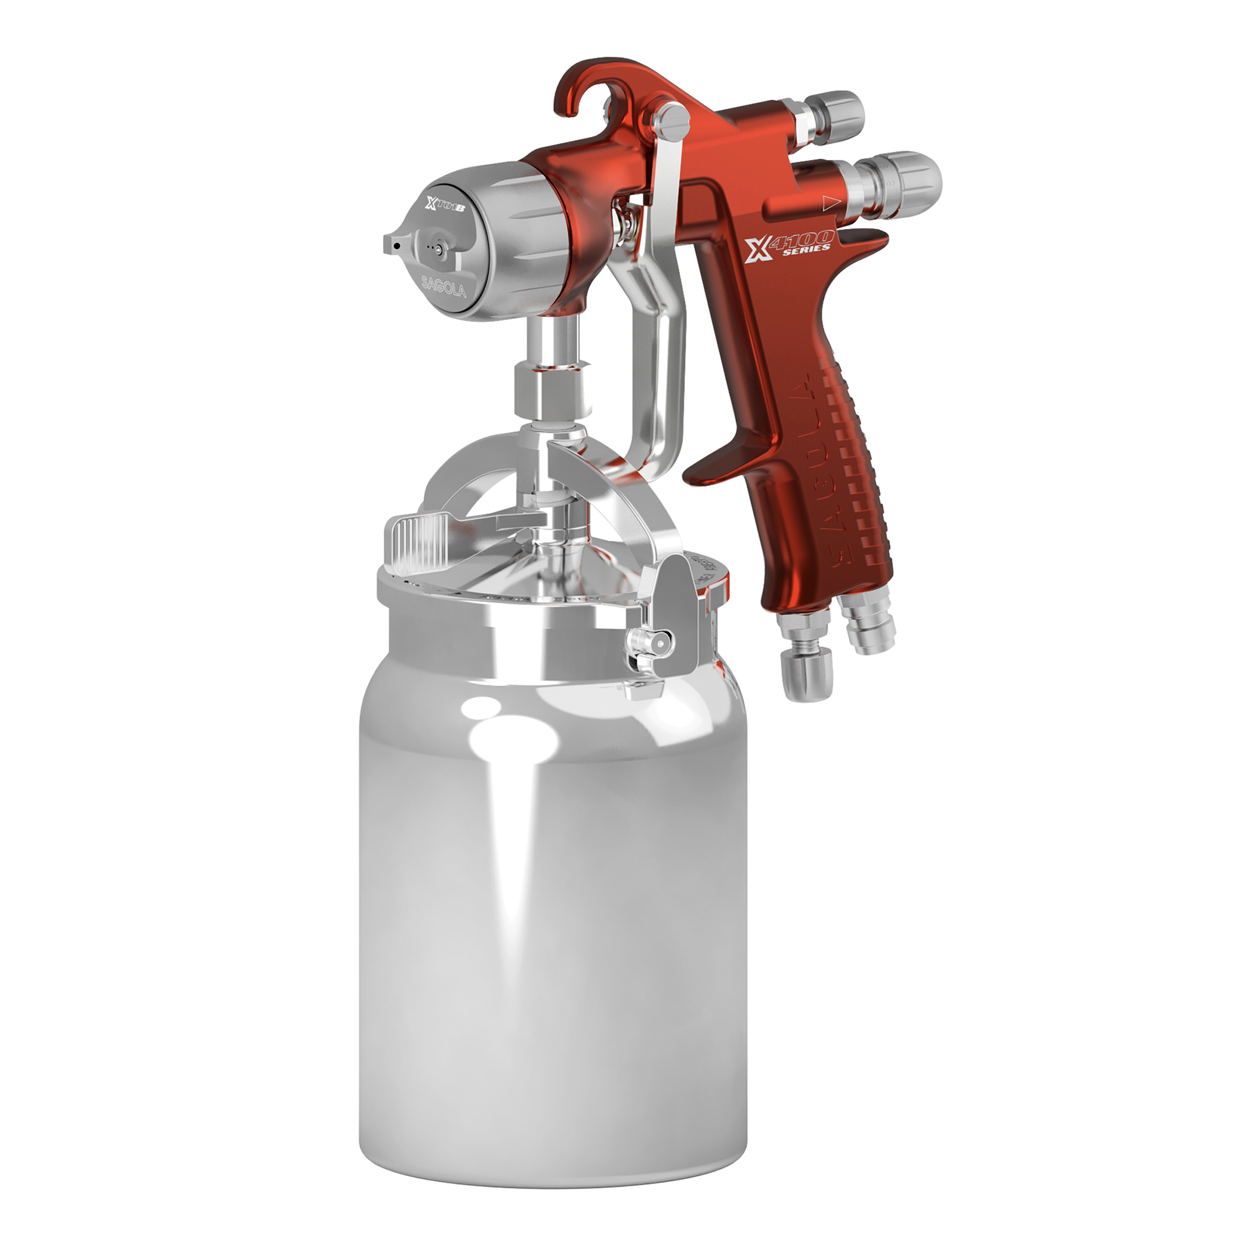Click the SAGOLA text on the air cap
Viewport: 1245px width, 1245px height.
pyautogui.click(x=443, y=286)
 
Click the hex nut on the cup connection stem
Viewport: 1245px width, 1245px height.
pyautogui.click(x=553, y=390)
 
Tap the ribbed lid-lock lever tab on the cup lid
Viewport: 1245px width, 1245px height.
pyautogui.click(x=417, y=545)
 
